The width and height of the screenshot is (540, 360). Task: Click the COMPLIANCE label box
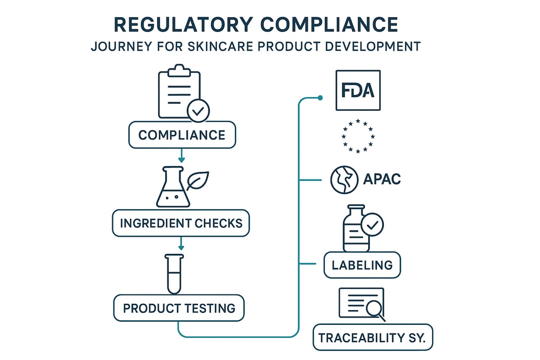click(182, 135)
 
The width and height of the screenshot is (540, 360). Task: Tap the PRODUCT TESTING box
click(179, 308)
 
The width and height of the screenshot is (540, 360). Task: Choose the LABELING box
click(362, 265)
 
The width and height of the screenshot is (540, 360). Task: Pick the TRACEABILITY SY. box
click(373, 337)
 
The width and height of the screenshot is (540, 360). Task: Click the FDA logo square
click(358, 90)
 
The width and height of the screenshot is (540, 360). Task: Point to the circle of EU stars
click(358, 135)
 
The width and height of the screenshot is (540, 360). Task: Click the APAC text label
click(382, 180)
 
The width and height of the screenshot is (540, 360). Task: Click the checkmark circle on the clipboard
click(198, 111)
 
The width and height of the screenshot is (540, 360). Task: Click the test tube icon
click(173, 274)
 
